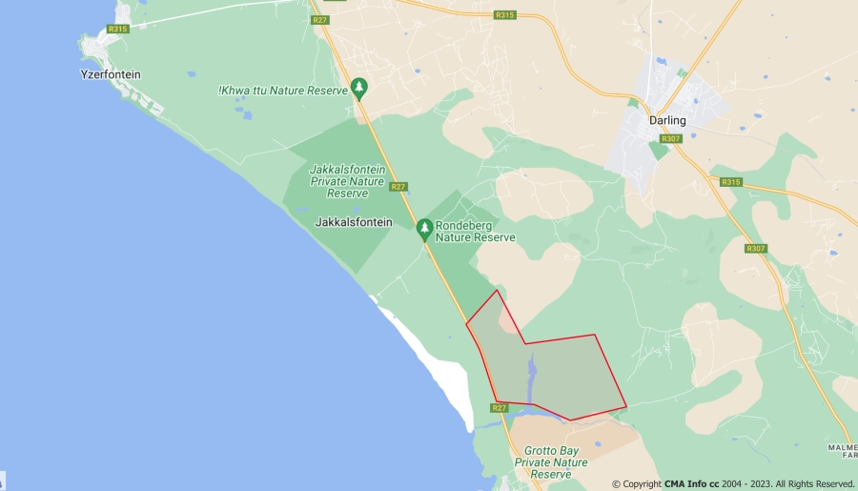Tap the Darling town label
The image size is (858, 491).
coord(667,120)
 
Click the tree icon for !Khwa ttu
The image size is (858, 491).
coord(359,88)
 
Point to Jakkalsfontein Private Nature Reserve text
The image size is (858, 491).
coord(347,181)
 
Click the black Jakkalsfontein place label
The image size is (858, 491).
coord(353,221)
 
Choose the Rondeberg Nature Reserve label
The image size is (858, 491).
coord(475,232)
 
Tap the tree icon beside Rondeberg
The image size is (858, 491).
coord(425,229)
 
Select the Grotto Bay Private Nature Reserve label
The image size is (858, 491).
coord(551,462)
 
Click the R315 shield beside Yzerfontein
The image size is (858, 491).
coord(117,29)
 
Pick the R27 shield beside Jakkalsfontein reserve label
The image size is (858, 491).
coord(398,187)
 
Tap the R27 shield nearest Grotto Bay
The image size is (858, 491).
coord(499,408)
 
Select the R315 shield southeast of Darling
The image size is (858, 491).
coord(731,182)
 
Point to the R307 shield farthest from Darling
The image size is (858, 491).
coord(756,249)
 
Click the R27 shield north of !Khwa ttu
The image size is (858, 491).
coord(320,20)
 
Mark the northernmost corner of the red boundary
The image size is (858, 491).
coord(497,290)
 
